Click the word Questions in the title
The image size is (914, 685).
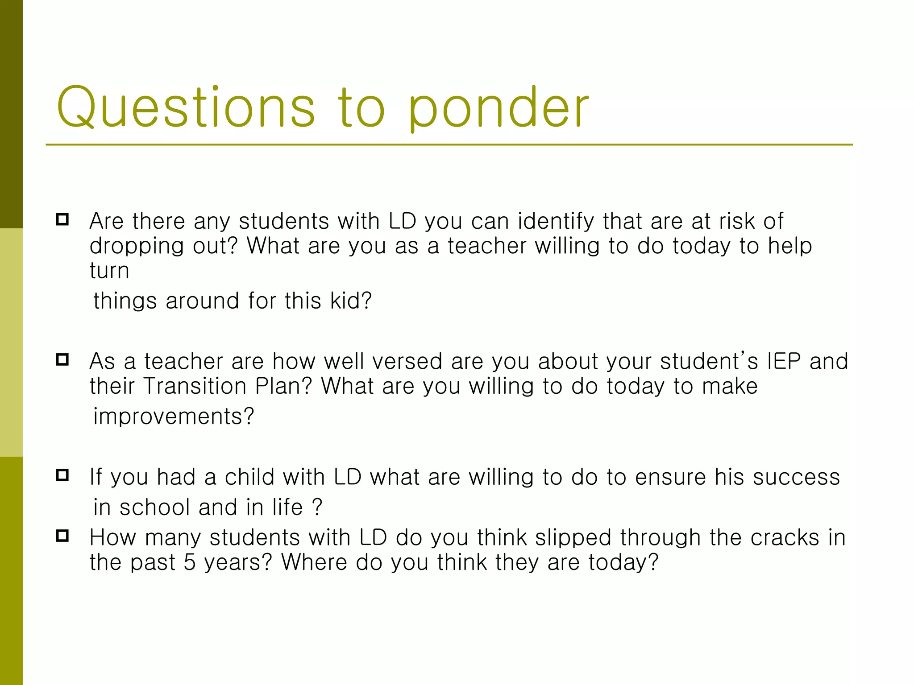(186, 108)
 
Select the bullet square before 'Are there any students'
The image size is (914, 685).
(62, 219)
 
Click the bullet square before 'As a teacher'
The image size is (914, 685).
(62, 359)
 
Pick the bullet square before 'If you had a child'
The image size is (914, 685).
(62, 475)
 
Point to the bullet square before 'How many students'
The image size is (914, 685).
(62, 536)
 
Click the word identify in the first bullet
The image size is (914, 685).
(556, 222)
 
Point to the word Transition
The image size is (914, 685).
(195, 386)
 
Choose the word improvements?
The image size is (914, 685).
(174, 417)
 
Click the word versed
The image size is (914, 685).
(407, 361)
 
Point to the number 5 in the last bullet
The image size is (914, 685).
(190, 562)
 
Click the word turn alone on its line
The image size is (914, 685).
(109, 271)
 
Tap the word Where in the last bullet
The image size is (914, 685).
(314, 562)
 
